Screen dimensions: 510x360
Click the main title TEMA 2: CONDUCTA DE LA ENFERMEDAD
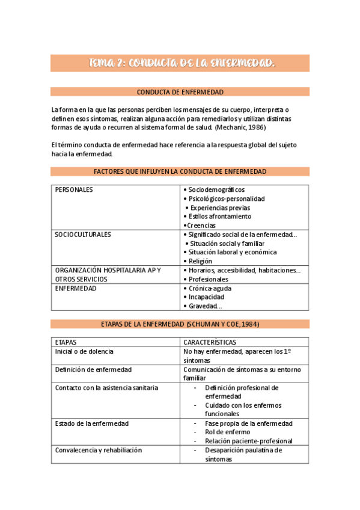coord(180,63)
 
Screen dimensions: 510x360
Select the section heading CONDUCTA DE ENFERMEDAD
coord(180,92)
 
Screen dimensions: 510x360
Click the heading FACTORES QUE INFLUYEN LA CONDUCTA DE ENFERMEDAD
coord(180,172)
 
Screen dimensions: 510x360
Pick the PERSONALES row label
coord(74,189)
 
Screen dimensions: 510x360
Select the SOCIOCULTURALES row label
coord(83,235)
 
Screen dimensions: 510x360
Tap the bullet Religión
coord(200,262)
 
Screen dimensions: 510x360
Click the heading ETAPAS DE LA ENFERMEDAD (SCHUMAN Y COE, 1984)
coord(180,324)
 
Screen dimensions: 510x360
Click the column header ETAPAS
coord(66,342)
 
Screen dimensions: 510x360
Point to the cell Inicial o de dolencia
coord(84,351)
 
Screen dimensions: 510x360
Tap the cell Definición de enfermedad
coord(93,369)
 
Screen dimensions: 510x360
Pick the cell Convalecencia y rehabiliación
coord(99,450)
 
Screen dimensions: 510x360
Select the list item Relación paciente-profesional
coord(248,441)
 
